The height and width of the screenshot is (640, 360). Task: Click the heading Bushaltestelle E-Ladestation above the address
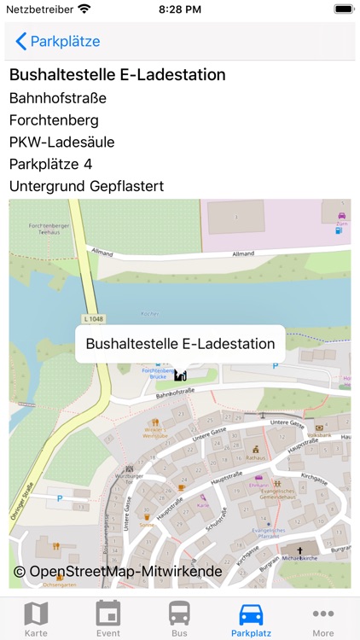coord(117,75)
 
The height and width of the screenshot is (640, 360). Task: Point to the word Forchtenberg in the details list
coord(54,120)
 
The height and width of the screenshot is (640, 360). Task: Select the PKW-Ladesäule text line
coord(61,142)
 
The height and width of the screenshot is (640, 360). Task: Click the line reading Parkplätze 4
coord(50,164)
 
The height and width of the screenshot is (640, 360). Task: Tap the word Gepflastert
coord(121,186)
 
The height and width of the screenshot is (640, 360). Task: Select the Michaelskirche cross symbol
coord(299,550)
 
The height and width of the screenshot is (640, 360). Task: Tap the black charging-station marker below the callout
coord(180,375)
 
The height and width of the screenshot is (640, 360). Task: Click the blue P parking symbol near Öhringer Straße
coord(59,498)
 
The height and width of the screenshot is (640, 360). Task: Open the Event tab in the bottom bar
coord(108,618)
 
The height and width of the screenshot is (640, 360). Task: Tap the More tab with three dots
coord(323,618)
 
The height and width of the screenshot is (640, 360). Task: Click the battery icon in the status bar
coord(343,9)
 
